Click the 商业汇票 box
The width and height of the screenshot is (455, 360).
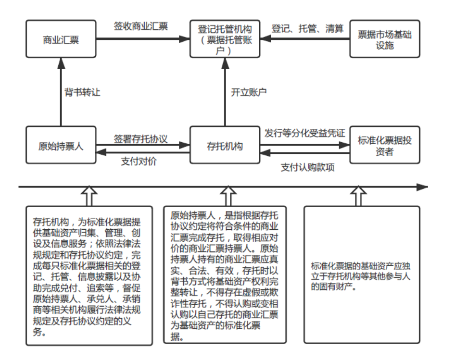pyautogui.click(x=61, y=40)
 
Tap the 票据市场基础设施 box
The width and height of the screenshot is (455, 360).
pyautogui.click(x=385, y=40)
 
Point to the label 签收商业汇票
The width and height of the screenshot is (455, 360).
pyautogui.click(x=140, y=26)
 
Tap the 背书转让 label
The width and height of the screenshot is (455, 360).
pyautogui.click(x=82, y=92)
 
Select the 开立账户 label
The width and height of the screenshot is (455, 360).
pyautogui.click(x=249, y=92)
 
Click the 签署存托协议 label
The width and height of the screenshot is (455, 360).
pyautogui.click(x=140, y=139)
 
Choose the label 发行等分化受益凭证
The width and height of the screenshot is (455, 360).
pyautogui.click(x=304, y=133)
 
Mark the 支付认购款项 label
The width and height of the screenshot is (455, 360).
pyautogui.click(x=308, y=167)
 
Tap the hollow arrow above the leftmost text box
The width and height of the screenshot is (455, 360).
pyautogui.click(x=89, y=196)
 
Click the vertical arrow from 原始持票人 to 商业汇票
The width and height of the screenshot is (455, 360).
pyautogui.click(x=61, y=92)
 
